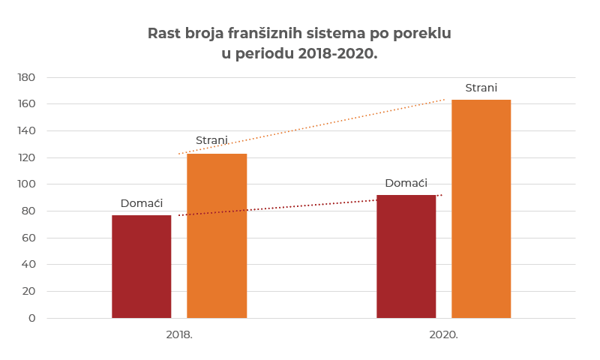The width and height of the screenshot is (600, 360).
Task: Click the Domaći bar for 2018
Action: [142, 266]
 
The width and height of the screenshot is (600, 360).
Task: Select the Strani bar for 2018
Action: [217, 235]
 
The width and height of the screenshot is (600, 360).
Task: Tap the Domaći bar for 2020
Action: [406, 256]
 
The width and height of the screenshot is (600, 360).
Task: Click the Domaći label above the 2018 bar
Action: [142, 203]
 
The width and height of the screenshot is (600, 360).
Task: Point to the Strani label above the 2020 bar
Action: [481, 88]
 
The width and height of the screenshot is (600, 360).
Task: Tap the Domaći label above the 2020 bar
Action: [406, 183]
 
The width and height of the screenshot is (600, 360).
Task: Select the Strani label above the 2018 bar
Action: [211, 140]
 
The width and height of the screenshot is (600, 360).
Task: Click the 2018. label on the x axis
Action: [179, 334]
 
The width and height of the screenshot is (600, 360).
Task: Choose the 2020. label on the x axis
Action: [444, 334]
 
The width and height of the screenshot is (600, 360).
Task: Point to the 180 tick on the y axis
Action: [26, 77]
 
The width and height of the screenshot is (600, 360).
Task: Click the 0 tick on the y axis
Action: [32, 318]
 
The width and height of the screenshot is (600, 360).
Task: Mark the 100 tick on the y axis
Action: [26, 184]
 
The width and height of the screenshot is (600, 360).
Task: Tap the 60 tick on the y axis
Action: [28, 238]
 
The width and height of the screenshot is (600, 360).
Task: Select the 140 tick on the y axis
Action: [26, 130]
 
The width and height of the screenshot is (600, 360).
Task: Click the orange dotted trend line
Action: [311, 127]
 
